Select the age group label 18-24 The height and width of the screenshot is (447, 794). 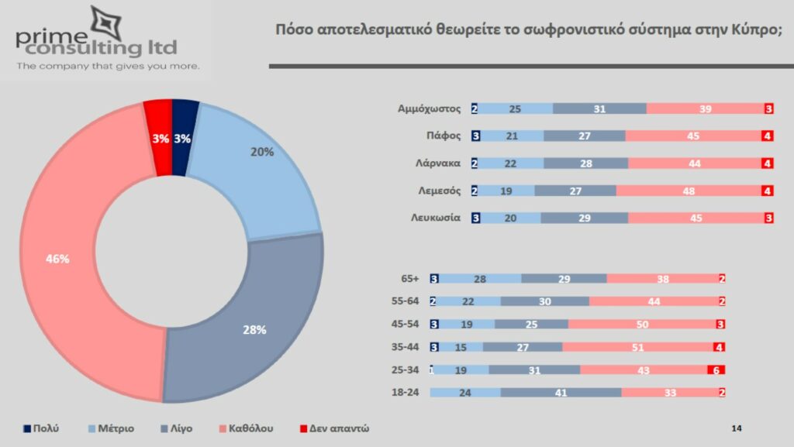click(406, 393)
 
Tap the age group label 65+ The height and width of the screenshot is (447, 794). click(411, 279)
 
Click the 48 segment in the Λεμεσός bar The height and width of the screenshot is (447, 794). click(689, 191)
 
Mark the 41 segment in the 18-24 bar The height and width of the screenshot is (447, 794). click(561, 393)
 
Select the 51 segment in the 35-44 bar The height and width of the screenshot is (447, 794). click(637, 348)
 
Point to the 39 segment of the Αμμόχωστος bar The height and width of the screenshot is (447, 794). click(704, 109)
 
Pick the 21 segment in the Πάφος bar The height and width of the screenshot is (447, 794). click(513, 136)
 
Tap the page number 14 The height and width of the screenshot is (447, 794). click(737, 428)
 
